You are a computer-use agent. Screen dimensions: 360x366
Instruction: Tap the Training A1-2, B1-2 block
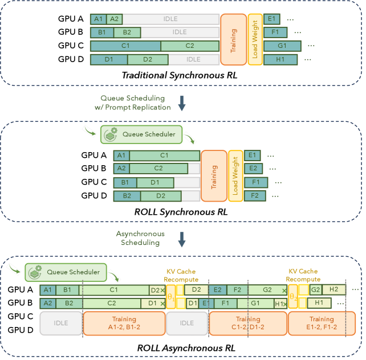pyautogui.click(x=123, y=323)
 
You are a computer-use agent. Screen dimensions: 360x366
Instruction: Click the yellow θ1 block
pyautogui.click(x=170, y=297)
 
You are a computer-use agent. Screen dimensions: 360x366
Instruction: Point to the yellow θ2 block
pyautogui.click(x=293, y=297)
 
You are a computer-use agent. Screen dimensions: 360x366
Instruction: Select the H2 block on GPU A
pyautogui.click(x=334, y=289)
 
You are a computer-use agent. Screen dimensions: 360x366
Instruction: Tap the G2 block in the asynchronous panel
pyautogui.click(x=315, y=289)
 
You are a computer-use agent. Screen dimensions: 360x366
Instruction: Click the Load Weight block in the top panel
pyautogui.click(x=255, y=34)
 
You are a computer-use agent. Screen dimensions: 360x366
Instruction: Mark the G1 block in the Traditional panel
pyautogui.click(x=282, y=46)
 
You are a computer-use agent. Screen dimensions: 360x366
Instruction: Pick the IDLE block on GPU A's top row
pyautogui.click(x=170, y=19)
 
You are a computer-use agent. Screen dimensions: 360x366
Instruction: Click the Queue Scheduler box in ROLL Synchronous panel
pyautogui.click(x=141, y=134)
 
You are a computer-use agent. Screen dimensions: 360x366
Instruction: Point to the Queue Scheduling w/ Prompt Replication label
pyautogui.click(x=136, y=103)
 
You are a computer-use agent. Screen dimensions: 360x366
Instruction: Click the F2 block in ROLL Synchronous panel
pyautogui.click(x=255, y=196)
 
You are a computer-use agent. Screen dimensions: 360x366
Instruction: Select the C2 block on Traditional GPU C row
pyautogui.click(x=189, y=46)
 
